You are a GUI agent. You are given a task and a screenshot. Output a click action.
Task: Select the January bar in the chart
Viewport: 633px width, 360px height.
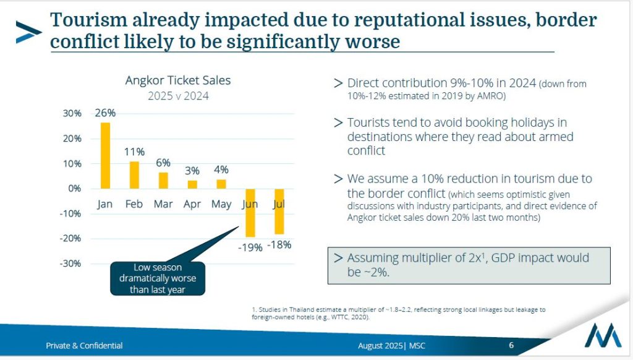(x=105, y=155)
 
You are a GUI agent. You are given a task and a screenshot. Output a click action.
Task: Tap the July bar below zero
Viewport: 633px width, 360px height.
(x=279, y=212)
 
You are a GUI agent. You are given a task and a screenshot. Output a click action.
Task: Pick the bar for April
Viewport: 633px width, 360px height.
(x=192, y=184)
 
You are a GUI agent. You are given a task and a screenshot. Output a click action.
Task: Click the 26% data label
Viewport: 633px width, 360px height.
(x=105, y=113)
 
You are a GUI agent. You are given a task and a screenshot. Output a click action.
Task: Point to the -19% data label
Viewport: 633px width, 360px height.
(x=250, y=247)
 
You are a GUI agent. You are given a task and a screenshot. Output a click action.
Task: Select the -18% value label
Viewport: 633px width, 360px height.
(x=279, y=244)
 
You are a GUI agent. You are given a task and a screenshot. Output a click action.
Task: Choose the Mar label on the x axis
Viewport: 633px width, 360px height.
(x=163, y=204)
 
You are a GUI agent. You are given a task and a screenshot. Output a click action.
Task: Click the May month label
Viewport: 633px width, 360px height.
(x=221, y=204)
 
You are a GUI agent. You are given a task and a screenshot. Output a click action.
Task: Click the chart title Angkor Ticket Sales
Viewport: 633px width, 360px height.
(x=178, y=80)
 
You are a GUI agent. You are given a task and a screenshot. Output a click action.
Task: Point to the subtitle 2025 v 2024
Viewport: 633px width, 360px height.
(x=178, y=96)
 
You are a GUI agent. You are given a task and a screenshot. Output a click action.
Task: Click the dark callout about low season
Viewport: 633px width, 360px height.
(x=157, y=278)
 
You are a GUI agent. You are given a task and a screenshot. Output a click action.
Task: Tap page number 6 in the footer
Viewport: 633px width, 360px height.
(x=511, y=345)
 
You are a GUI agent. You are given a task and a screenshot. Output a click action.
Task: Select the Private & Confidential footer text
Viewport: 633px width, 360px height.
(x=84, y=346)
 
